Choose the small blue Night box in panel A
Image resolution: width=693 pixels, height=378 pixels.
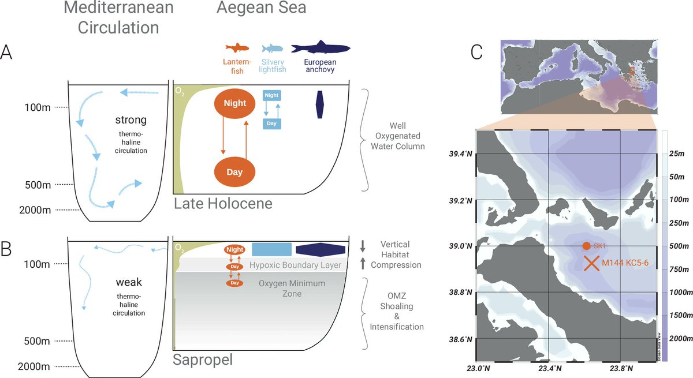click(x=271, y=96)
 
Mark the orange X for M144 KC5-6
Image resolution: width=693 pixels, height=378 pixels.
click(x=591, y=263)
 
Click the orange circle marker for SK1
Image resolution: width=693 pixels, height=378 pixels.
click(x=586, y=246)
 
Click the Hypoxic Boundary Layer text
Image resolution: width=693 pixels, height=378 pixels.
click(x=296, y=265)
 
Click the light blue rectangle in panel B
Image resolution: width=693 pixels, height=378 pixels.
click(x=271, y=249)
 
